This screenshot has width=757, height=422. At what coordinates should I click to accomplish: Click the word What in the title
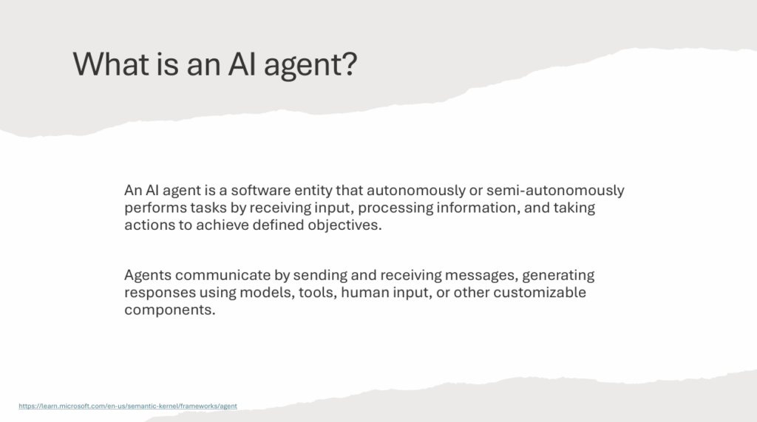pos(111,64)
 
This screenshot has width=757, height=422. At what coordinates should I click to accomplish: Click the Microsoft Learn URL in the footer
pos(128,406)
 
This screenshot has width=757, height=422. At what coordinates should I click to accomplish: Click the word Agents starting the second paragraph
pos(148,276)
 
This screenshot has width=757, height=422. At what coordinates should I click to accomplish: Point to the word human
pos(364,293)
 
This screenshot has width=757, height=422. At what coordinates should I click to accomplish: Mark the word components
pos(170,310)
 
